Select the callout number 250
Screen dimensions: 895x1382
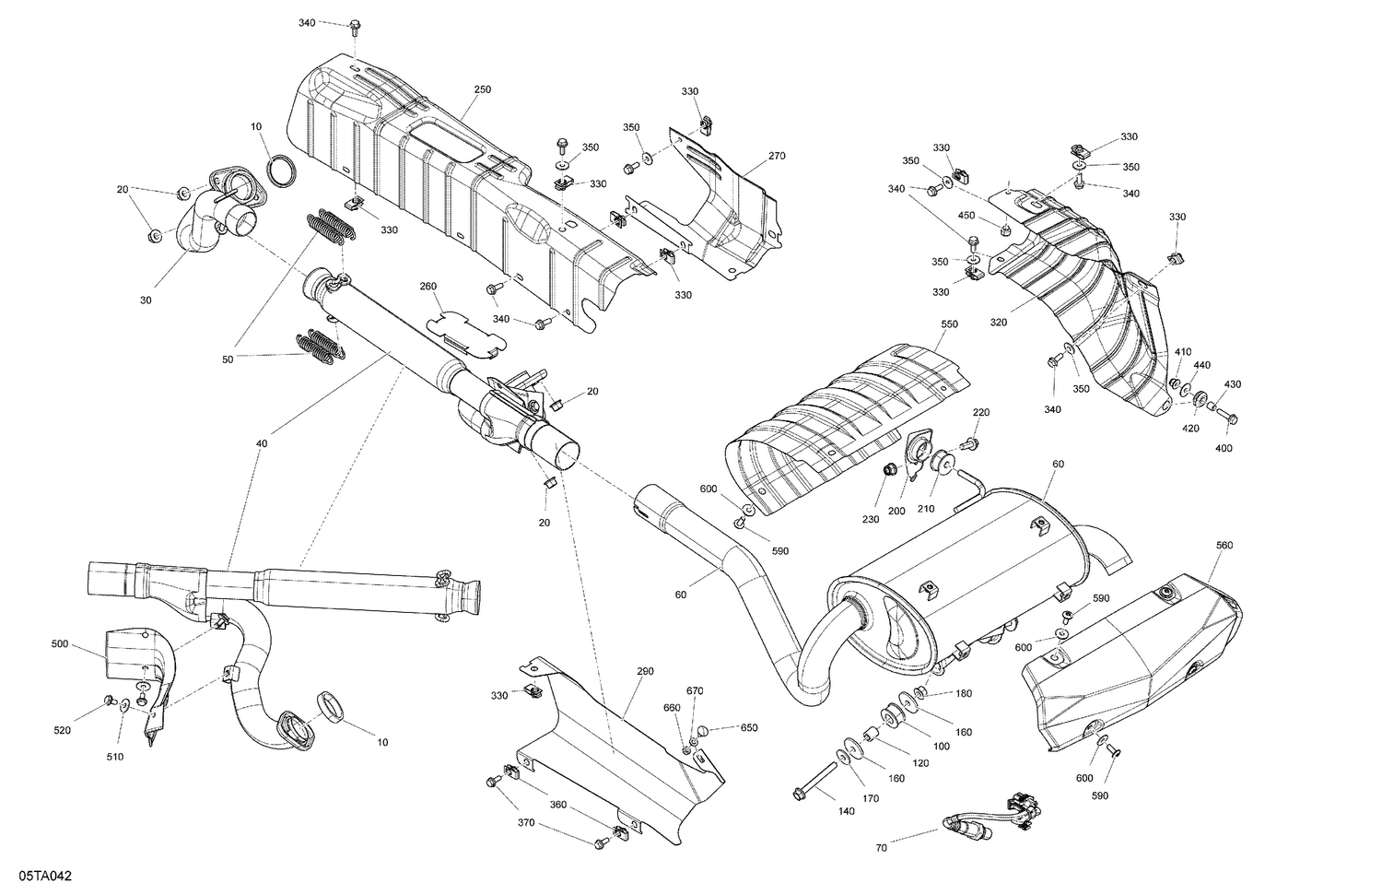483,89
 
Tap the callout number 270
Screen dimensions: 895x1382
776,156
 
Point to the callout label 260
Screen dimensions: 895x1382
428,286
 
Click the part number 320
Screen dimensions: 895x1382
999,323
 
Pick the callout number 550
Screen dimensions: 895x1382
949,324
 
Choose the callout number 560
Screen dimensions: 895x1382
1224,546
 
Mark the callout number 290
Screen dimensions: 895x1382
645,671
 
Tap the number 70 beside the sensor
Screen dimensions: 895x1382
882,847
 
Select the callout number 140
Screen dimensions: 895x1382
846,811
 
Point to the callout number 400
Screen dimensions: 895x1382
1224,448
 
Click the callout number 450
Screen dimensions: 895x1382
966,215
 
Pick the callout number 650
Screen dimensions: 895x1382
749,727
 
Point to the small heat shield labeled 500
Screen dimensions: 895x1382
138,664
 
